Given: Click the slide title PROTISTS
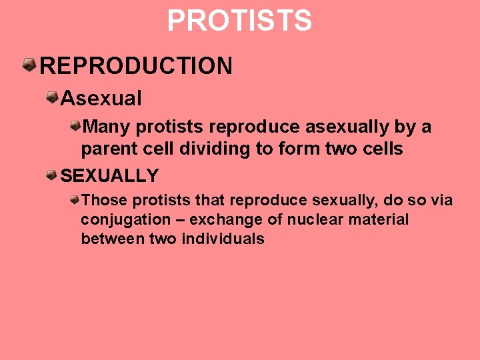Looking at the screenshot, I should click(x=239, y=21).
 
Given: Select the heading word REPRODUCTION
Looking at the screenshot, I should click(x=137, y=66).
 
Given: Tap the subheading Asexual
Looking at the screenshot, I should click(x=101, y=99).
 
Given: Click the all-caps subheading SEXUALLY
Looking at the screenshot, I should click(x=110, y=176).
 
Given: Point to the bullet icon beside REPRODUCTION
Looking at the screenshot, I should click(x=29, y=65).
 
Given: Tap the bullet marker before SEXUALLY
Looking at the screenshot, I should click(x=51, y=175).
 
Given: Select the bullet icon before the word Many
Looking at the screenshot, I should click(x=77, y=125).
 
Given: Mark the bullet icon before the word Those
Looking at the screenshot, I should click(x=77, y=199).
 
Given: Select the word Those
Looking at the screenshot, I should click(x=103, y=200).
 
